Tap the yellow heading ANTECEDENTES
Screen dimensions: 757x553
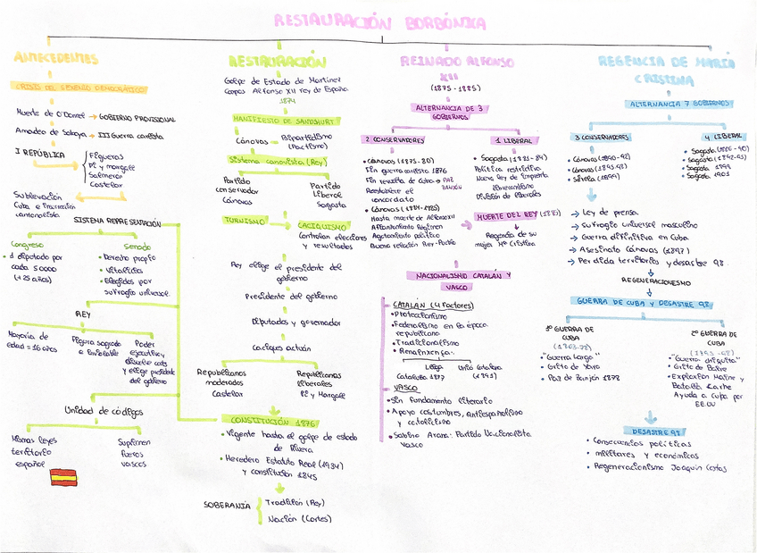click(56, 59)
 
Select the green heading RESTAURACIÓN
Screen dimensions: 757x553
click(278, 62)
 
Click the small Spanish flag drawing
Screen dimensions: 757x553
click(64, 476)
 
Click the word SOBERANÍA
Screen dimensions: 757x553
click(227, 506)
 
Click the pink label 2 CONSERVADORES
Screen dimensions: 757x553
click(394, 140)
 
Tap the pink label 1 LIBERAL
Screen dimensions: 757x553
click(512, 140)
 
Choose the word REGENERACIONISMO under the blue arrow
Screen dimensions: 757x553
click(651, 280)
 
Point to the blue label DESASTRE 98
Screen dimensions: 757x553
click(651, 431)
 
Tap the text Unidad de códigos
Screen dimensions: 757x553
click(104, 411)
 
